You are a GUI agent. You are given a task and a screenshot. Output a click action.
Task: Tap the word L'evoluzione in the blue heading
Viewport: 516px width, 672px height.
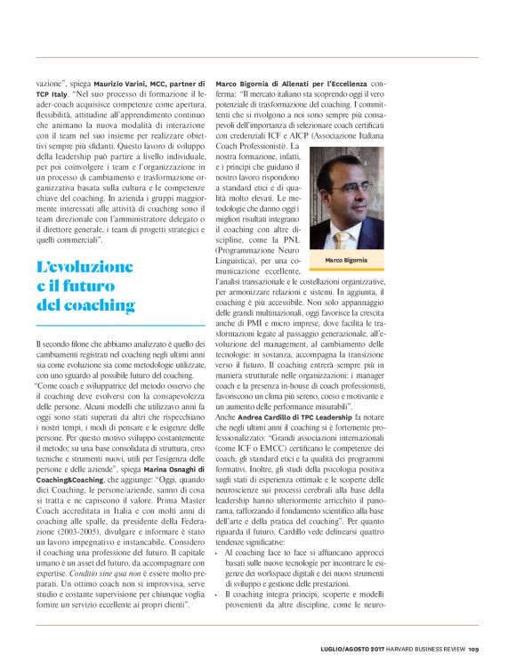click(x=85, y=266)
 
